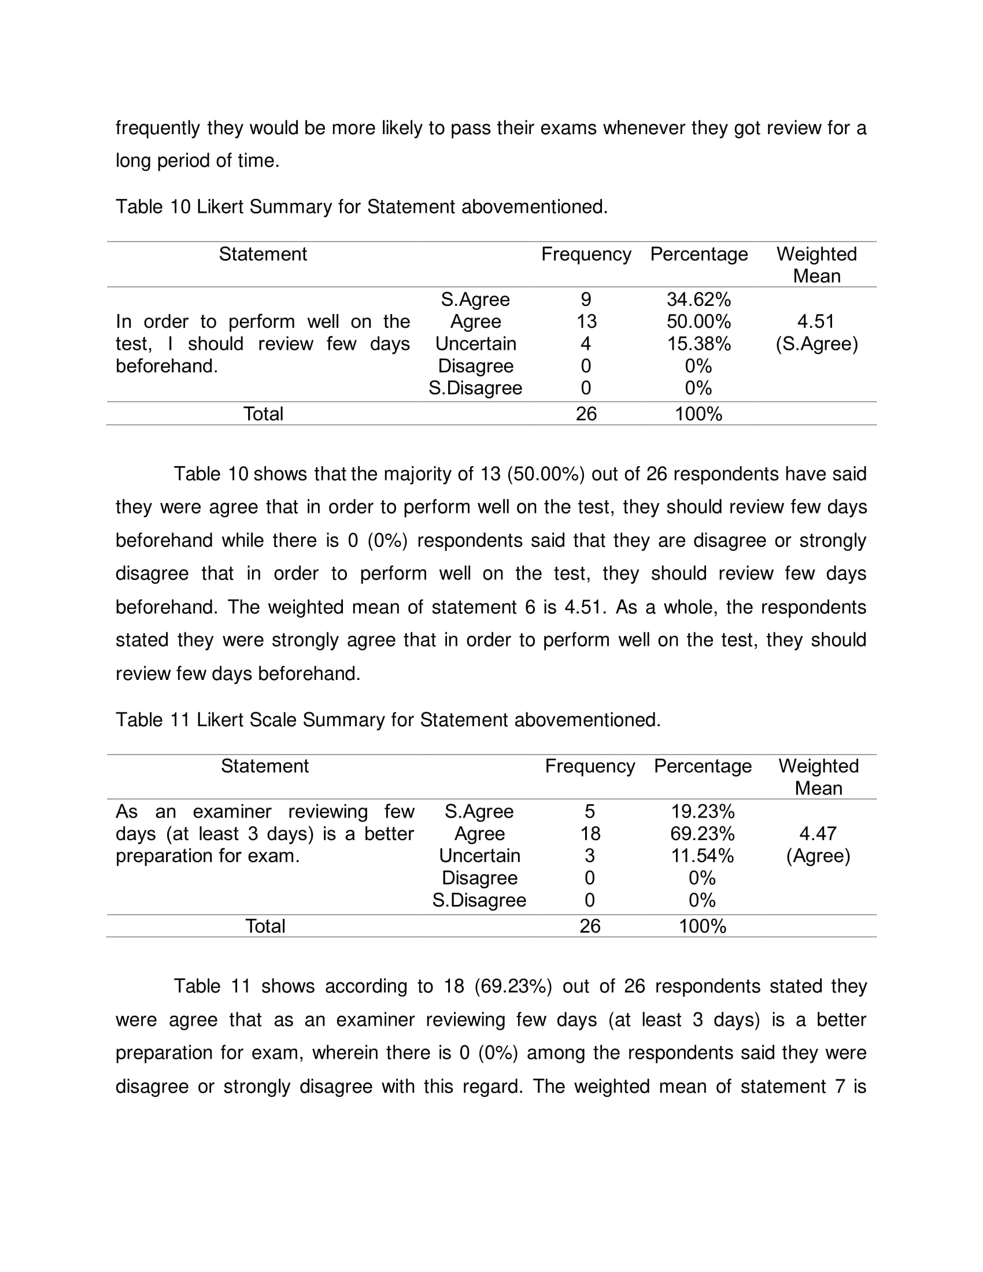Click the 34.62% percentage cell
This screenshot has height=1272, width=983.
[x=699, y=299]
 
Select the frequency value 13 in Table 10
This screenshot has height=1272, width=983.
[x=586, y=321]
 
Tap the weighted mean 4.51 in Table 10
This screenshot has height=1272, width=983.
[x=816, y=321]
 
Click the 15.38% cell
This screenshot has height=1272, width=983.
[x=699, y=343]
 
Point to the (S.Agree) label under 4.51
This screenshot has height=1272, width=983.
[x=816, y=343]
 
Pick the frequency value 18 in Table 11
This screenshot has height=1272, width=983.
[x=590, y=833]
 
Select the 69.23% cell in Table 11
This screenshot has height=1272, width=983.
[x=703, y=833]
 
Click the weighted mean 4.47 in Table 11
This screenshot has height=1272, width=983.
[x=818, y=833]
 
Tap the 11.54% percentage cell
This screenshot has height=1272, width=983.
[x=703, y=856]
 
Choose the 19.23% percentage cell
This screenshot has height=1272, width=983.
[x=703, y=811]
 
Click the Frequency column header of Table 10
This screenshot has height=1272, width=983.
[x=586, y=254]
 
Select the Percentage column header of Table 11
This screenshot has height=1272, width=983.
[x=703, y=766]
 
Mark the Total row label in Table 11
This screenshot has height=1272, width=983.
[x=265, y=926]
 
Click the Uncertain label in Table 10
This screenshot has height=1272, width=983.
[x=475, y=343]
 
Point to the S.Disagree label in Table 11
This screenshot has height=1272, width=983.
[x=479, y=900]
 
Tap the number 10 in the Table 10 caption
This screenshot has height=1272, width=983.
[x=180, y=207]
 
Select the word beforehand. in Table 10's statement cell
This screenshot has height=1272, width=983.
[x=167, y=367]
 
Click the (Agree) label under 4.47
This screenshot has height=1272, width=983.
[x=818, y=856]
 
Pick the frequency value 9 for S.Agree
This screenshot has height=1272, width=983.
[x=586, y=299]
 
